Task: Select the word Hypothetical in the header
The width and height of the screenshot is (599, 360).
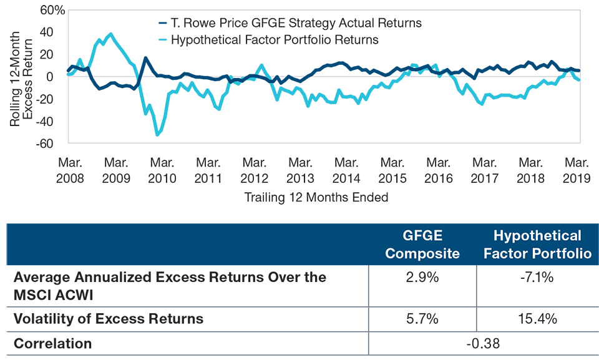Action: tap(537, 236)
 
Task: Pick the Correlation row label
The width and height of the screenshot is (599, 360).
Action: tap(54, 342)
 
